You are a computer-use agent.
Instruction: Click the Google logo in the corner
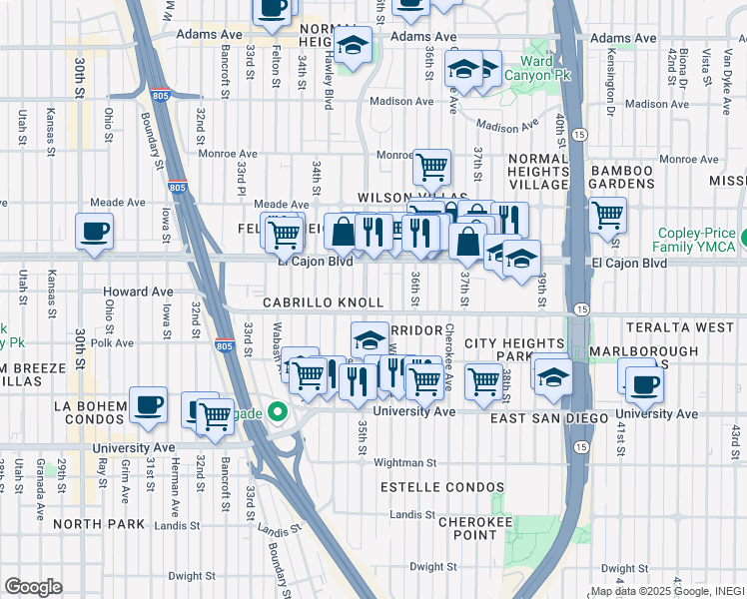(33, 587)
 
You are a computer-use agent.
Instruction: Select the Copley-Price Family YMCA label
(697, 239)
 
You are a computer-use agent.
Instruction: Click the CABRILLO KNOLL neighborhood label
(324, 302)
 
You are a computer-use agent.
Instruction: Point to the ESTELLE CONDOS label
(442, 487)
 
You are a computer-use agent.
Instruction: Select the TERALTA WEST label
(694, 327)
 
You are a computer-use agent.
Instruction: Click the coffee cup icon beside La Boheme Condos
(148, 405)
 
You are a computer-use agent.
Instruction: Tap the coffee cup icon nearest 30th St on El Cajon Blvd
(94, 231)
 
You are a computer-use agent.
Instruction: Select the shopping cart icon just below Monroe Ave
(431, 167)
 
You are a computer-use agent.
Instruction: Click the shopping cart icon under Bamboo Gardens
(607, 213)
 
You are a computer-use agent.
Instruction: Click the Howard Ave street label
(138, 293)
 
